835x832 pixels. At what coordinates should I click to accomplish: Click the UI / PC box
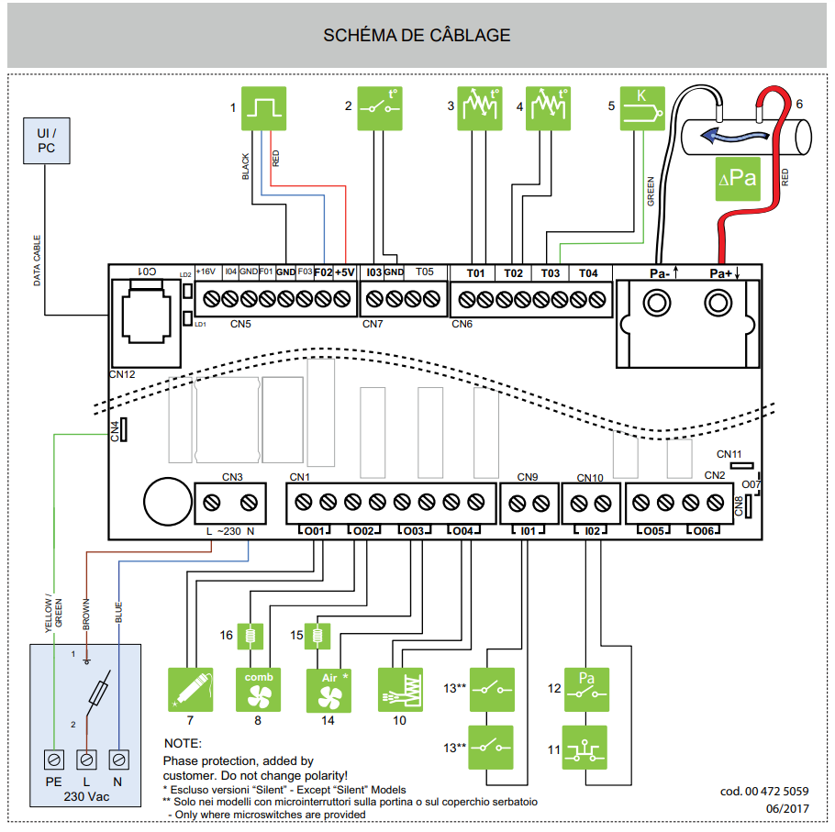coord(46,140)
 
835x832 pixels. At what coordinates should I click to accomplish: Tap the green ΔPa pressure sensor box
coord(738,178)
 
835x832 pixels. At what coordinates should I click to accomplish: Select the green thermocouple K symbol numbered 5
coord(642,107)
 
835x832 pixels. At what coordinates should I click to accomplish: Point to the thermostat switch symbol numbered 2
coord(378,107)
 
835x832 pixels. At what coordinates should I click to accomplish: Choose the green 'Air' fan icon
coord(328,691)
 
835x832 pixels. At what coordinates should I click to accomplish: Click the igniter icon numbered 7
coord(191,691)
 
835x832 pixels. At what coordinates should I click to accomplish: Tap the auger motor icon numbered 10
coord(401,691)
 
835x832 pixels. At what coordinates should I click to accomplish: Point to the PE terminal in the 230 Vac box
coord(54,760)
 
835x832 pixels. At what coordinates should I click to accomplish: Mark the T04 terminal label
coord(588,273)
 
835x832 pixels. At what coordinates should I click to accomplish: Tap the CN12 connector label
coord(121,374)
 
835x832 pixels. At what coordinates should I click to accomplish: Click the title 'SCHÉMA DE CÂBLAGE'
coord(417,36)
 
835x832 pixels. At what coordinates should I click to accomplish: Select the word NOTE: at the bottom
coord(182,743)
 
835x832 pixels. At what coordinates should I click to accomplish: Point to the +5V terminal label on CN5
coord(344,272)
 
